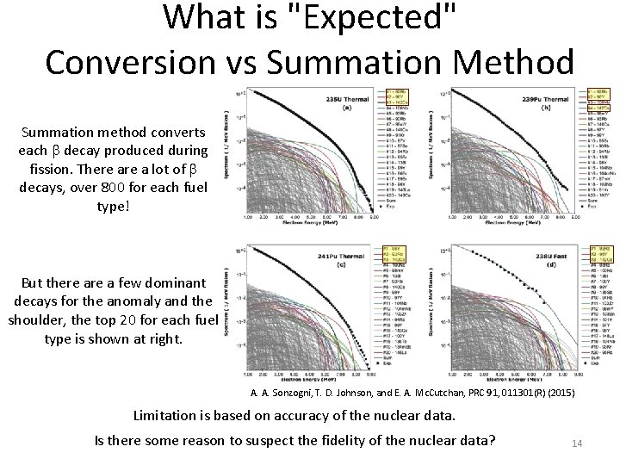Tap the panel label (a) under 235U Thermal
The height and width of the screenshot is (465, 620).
(x=347, y=107)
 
